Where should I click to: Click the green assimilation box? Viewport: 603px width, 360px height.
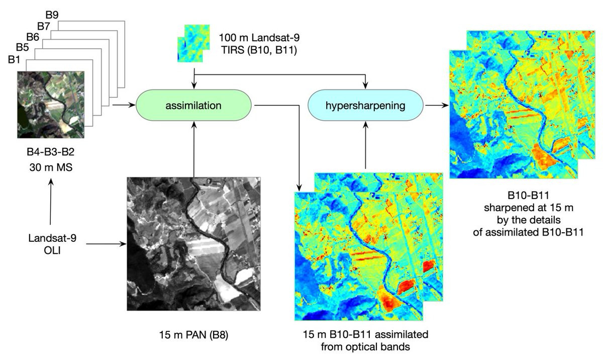194,106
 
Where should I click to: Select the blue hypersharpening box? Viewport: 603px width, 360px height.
365,106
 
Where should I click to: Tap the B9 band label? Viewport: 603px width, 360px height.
52,14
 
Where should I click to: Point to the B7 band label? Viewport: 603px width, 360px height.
44,26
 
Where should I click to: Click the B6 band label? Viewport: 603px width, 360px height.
33,37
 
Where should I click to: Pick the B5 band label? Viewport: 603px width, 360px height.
22,49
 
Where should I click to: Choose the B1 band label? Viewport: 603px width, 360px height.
15,60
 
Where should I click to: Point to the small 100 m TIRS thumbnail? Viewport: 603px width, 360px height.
191,43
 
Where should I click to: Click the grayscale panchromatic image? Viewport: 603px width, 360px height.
193,244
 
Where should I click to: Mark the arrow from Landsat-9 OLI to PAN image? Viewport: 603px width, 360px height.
106,245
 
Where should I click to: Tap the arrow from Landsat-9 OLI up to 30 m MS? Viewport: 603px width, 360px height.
50,201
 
